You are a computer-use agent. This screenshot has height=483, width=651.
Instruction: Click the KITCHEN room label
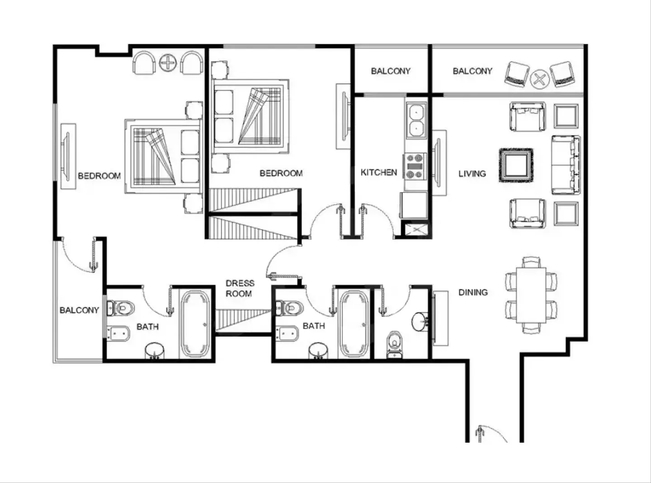click(379, 172)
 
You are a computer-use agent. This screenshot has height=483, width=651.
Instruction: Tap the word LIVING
click(472, 174)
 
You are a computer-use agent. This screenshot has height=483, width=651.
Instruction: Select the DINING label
click(473, 292)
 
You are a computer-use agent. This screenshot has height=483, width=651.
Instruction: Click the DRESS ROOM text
click(240, 288)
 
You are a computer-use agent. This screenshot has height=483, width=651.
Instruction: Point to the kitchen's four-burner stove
click(415, 166)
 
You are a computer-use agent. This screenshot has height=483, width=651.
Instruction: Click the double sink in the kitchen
click(416, 120)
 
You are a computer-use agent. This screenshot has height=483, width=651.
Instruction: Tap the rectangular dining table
click(531, 295)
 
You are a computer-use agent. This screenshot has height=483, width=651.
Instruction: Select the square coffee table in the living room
click(516, 165)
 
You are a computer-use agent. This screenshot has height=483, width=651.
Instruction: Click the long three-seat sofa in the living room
click(566, 165)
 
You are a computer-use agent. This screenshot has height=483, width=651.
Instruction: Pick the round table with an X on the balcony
click(539, 79)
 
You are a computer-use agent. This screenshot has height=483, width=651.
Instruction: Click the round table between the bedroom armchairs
click(168, 63)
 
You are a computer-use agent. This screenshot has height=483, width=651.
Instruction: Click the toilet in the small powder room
click(395, 345)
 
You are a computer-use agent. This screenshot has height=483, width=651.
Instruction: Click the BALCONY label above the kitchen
click(390, 71)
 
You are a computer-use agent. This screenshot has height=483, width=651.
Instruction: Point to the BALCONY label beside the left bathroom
click(79, 310)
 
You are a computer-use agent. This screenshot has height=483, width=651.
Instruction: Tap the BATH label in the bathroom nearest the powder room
click(314, 326)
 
